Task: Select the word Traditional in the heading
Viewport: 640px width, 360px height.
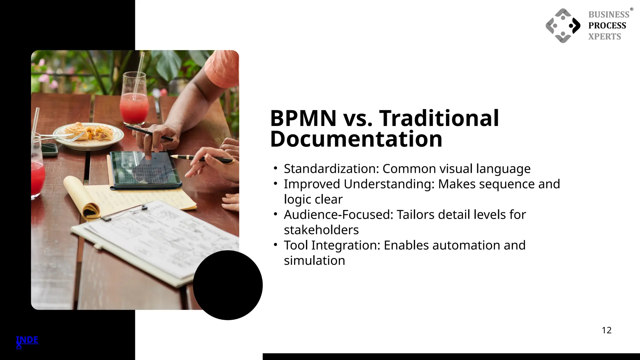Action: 439,118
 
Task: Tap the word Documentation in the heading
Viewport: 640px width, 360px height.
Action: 356,139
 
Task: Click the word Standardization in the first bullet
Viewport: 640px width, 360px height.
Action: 331,169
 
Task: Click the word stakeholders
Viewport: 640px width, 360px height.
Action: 321,230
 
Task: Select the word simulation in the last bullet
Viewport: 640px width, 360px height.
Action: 314,261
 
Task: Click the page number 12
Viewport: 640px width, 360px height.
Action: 607,330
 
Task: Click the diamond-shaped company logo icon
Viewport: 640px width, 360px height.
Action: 563,26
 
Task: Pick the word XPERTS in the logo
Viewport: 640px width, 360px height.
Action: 605,37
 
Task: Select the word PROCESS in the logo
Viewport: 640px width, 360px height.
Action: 607,26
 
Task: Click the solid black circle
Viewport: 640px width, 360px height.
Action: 227,285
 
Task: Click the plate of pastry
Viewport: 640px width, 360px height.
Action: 88,134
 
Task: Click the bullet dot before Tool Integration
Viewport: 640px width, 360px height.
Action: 275,245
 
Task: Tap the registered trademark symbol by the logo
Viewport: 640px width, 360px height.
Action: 632,9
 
